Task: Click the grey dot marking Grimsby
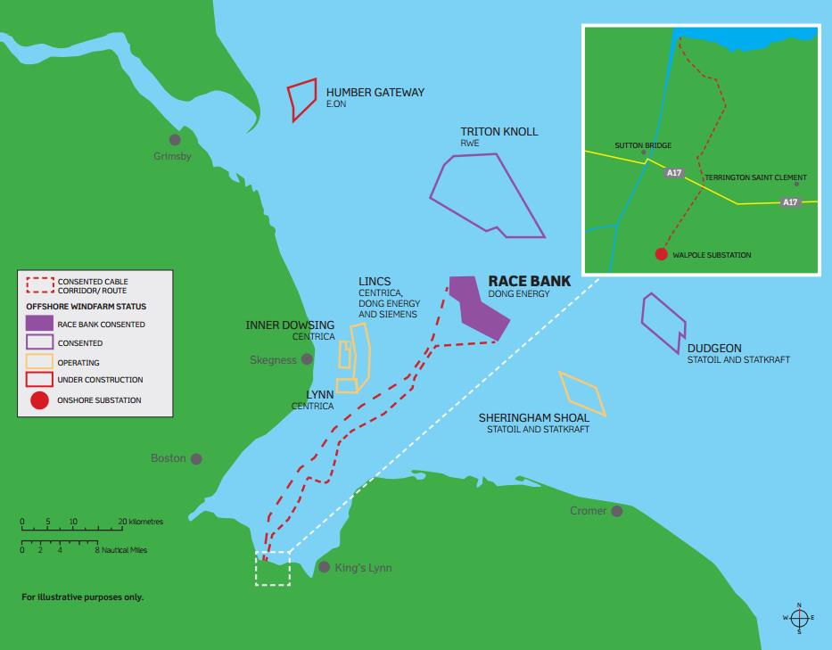click(x=175, y=140)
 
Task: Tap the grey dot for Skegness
click(x=307, y=359)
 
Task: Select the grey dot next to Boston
click(x=196, y=459)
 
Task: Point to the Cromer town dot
click(x=616, y=511)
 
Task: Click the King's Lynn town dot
click(x=324, y=567)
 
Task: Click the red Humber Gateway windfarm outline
click(x=302, y=99)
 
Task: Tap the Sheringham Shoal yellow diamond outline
click(x=582, y=394)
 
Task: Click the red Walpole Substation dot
click(x=661, y=254)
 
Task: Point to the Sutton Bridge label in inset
click(x=643, y=145)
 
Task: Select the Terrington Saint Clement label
click(x=755, y=177)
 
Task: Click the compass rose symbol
click(x=799, y=617)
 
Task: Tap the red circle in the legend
click(x=39, y=400)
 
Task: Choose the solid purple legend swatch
click(x=39, y=324)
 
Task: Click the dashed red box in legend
click(x=39, y=285)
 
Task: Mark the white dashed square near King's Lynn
click(x=272, y=568)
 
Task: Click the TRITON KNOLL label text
click(x=498, y=132)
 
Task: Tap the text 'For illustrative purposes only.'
click(x=82, y=597)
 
